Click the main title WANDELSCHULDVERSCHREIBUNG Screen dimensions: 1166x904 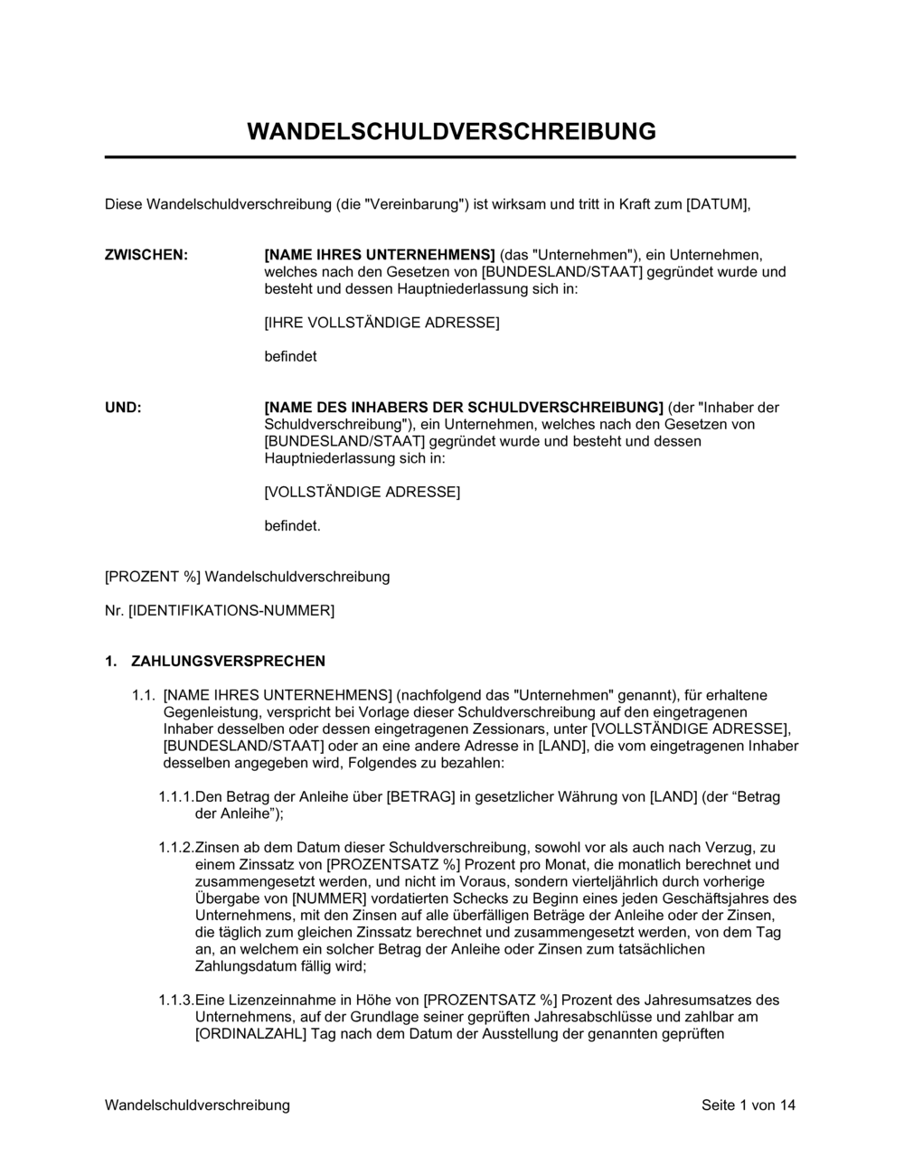coord(451,131)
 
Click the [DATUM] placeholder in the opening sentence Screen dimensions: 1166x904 coord(718,204)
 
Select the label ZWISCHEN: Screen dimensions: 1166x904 coord(146,255)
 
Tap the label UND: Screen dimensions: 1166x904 coord(123,408)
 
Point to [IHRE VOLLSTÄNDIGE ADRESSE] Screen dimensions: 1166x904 coord(381,323)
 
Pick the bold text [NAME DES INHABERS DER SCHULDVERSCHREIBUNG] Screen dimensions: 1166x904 coord(463,408)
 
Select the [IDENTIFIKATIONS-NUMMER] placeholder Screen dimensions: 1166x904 coord(231,611)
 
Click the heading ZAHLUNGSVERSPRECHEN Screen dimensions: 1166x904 coord(228,662)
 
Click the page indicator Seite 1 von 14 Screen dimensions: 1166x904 coord(749,1105)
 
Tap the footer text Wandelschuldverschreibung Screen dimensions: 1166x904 coord(197,1105)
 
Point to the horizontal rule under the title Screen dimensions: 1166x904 coord(450,157)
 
